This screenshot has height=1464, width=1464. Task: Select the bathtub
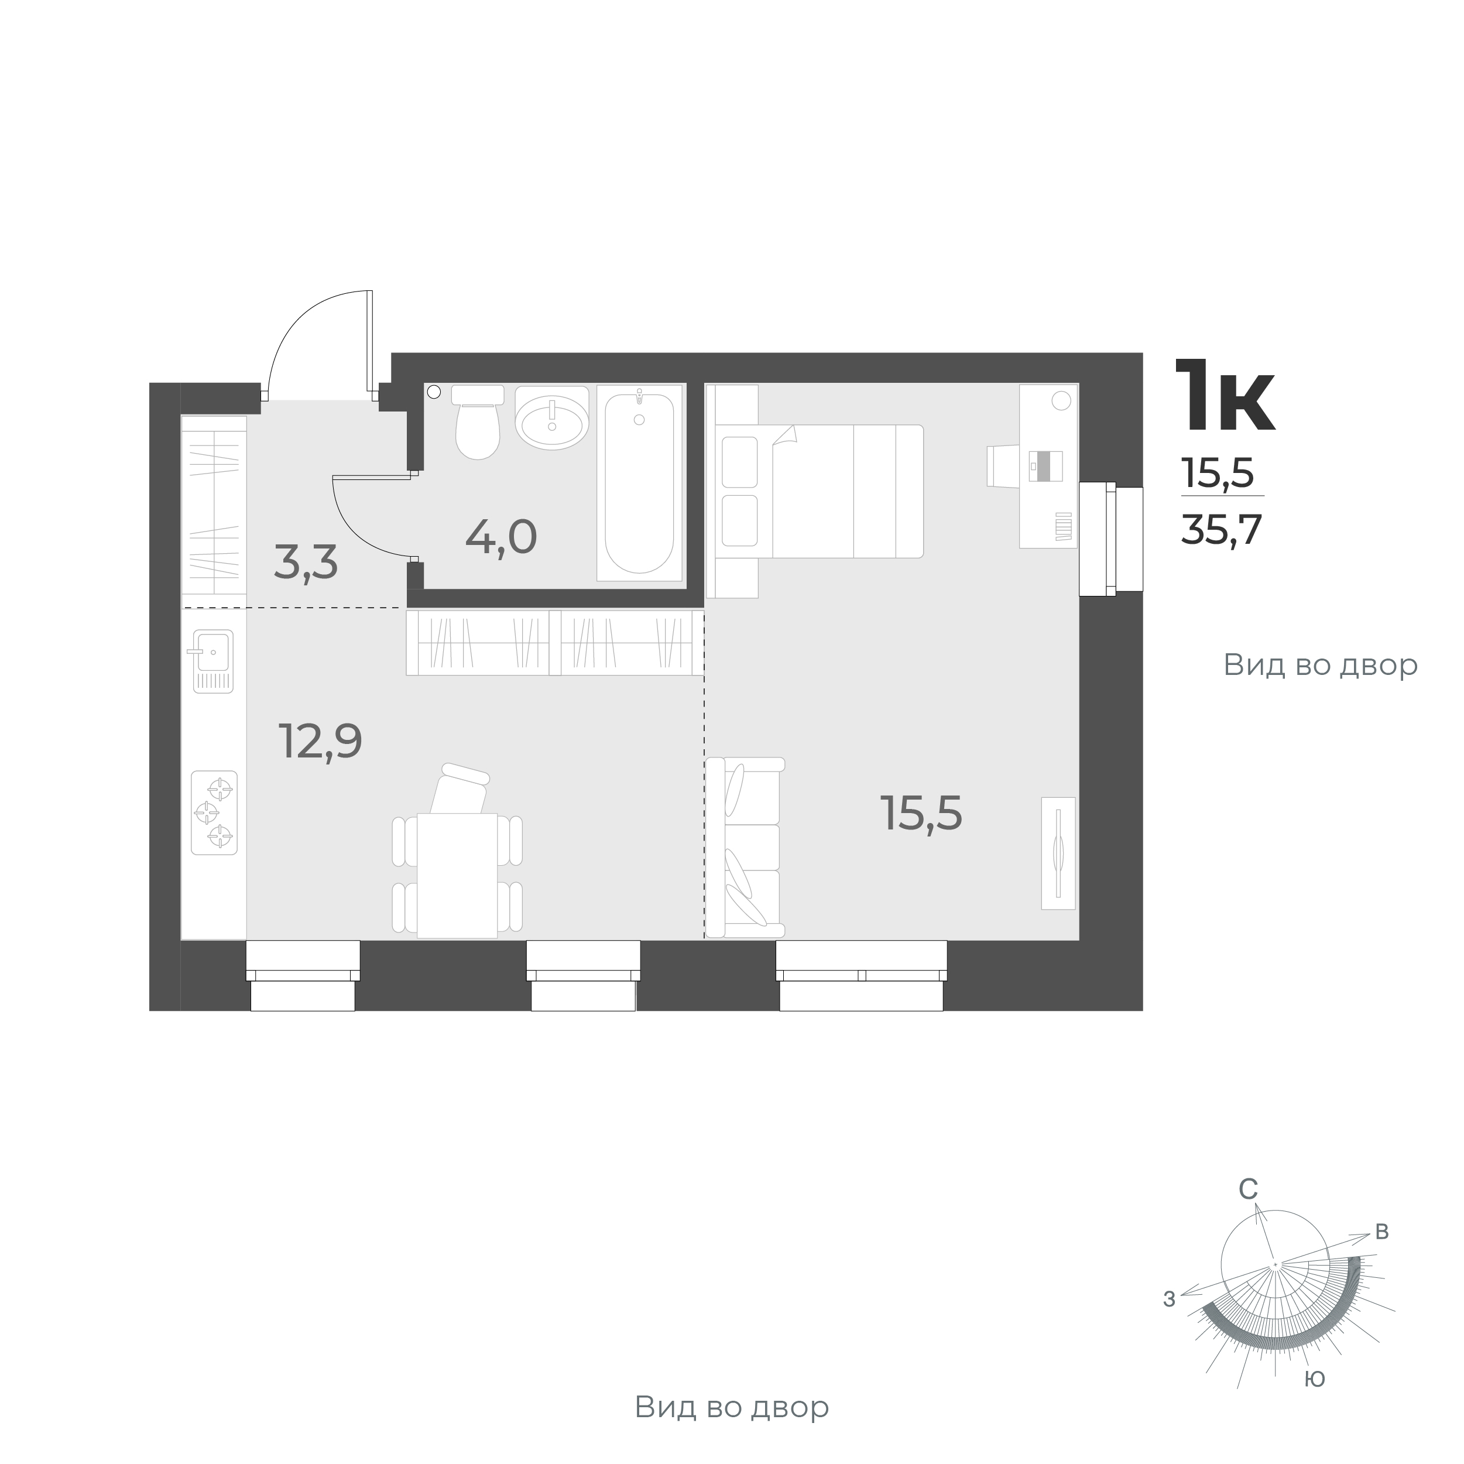(x=639, y=483)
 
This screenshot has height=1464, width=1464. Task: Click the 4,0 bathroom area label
(x=501, y=537)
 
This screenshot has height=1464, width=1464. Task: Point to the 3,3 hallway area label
(x=306, y=563)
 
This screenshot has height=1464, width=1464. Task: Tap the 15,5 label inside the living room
(x=921, y=814)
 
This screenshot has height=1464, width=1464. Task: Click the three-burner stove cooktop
(x=214, y=813)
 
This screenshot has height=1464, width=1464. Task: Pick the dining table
(x=457, y=875)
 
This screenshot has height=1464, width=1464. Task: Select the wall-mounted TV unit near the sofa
(x=1058, y=852)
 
